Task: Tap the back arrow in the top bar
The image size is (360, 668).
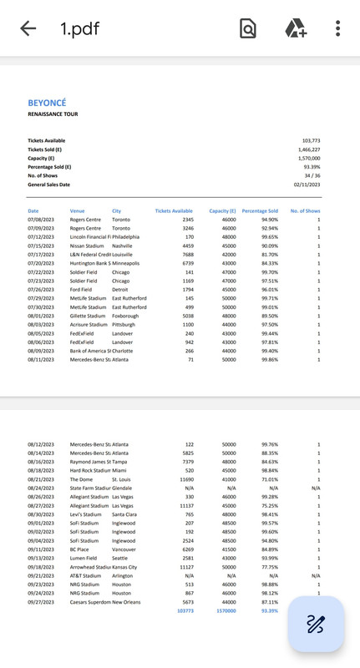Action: coord(28,28)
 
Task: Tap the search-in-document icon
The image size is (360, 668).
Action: coord(248,28)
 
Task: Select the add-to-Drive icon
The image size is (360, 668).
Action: coord(296,28)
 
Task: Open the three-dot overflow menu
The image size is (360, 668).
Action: coord(337,28)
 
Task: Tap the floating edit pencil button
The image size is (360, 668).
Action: coord(315,624)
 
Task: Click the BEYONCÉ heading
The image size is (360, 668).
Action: coord(47,104)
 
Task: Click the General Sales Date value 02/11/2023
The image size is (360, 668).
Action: coord(307,184)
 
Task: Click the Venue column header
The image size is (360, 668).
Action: coord(78,211)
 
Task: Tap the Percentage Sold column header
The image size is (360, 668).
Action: coord(260,211)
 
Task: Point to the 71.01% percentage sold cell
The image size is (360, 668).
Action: coord(269,479)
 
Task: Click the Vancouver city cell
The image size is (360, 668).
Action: coord(125,549)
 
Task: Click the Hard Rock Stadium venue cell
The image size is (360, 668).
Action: coord(91,470)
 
